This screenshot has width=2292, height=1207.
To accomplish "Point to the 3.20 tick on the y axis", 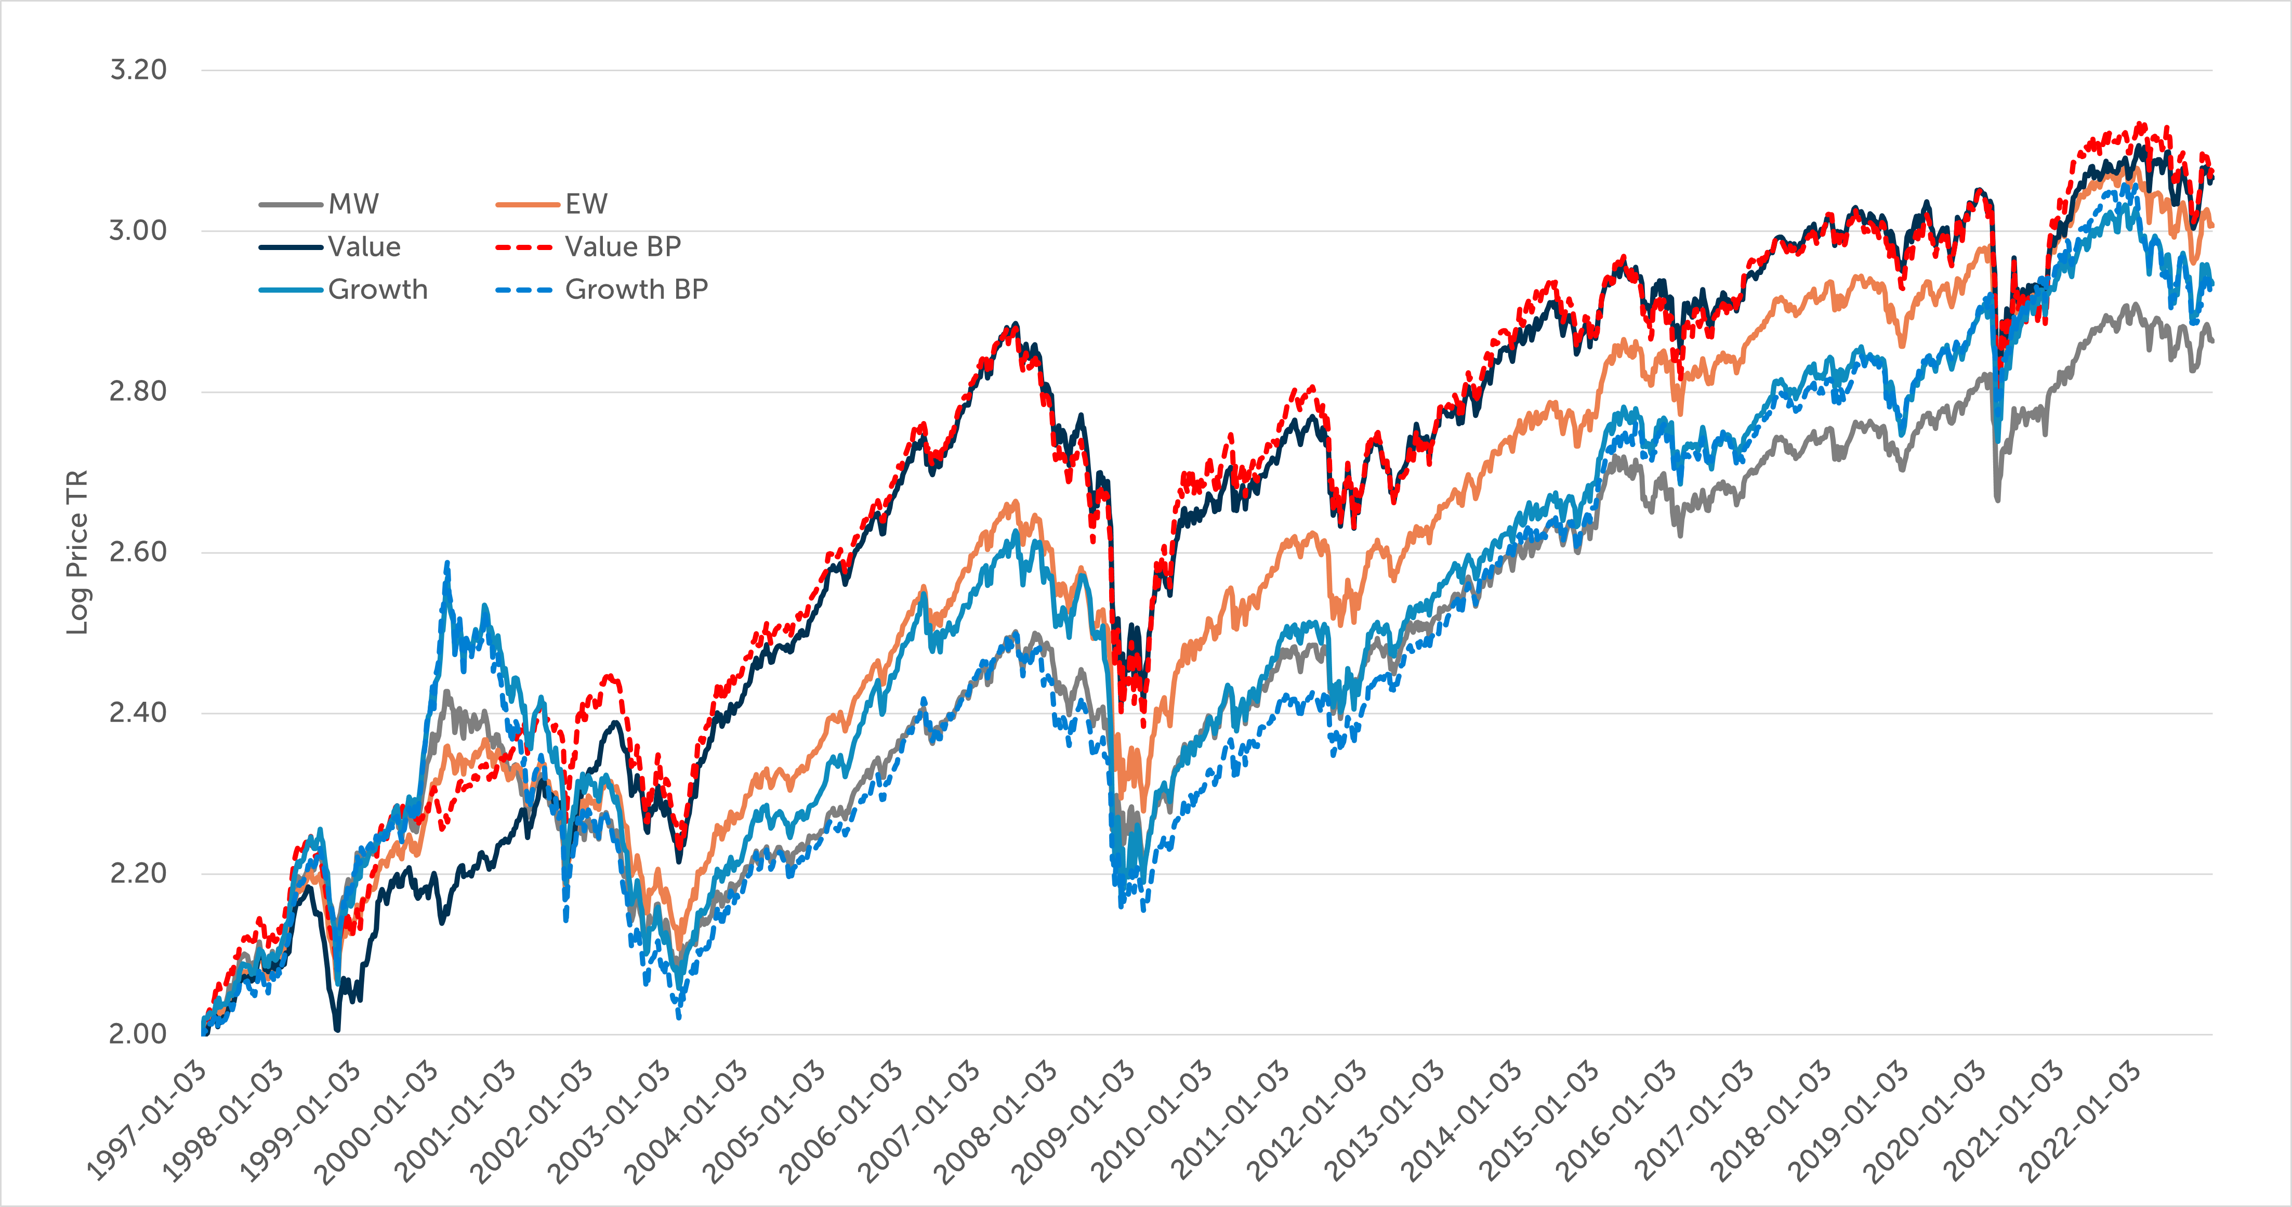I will click(x=138, y=70).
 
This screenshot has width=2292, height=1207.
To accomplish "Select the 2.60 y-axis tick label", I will click(x=138, y=552).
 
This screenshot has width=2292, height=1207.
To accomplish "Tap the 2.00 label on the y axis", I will click(x=138, y=1033).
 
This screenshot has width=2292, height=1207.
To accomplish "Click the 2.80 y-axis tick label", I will click(x=138, y=391).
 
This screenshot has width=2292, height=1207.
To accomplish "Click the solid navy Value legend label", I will click(x=364, y=246).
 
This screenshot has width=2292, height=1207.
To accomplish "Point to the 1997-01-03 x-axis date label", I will click(x=147, y=1123).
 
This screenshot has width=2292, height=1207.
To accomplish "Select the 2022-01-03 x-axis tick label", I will click(x=2080, y=1123).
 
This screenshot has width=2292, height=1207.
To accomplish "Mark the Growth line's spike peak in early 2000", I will click(x=447, y=562).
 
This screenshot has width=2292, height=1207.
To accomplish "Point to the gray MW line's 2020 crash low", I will click(x=1997, y=500).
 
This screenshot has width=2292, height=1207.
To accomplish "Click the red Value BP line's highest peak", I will click(x=2142, y=124).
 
